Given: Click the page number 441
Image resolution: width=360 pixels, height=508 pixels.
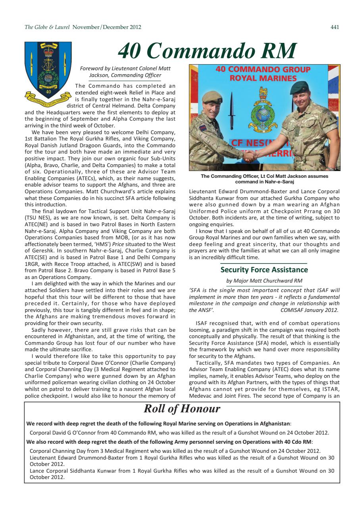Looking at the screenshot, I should pos(335,27).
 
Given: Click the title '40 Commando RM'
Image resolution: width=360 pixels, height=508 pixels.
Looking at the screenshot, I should pos(207,50).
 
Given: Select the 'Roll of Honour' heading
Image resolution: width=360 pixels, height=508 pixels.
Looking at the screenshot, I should pos(182,408).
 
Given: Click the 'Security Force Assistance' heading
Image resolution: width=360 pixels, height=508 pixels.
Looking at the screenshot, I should pos(264,270).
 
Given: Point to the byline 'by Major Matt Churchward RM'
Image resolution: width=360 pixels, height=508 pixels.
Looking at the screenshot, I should pos(264,281).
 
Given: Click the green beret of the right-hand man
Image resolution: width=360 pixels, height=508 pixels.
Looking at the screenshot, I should pos(299,87).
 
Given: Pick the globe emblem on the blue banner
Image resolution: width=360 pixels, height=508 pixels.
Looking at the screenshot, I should pos(263,114).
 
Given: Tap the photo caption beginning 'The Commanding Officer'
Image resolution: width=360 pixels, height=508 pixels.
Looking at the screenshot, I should pos(264,179).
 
